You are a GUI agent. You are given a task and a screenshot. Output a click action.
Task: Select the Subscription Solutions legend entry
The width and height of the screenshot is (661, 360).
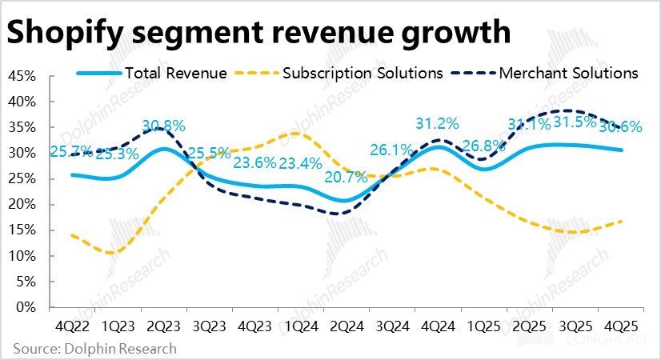pyautogui.click(x=363, y=73)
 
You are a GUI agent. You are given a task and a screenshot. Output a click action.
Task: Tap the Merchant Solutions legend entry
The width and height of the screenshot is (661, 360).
pyautogui.click(x=568, y=73)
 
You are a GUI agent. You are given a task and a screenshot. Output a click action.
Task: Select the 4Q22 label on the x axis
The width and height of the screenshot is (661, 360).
pyautogui.click(x=72, y=327)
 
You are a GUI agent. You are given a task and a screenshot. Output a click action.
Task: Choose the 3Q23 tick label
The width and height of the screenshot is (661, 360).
pyautogui.click(x=208, y=327)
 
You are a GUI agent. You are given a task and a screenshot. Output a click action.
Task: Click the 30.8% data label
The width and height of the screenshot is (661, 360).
pyautogui.click(x=163, y=126)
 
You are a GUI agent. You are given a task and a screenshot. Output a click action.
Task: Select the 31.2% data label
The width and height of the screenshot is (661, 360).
pyautogui.click(x=437, y=124)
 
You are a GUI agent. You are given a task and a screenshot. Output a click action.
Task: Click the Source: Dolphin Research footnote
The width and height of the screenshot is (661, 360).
pyautogui.click(x=94, y=349)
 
